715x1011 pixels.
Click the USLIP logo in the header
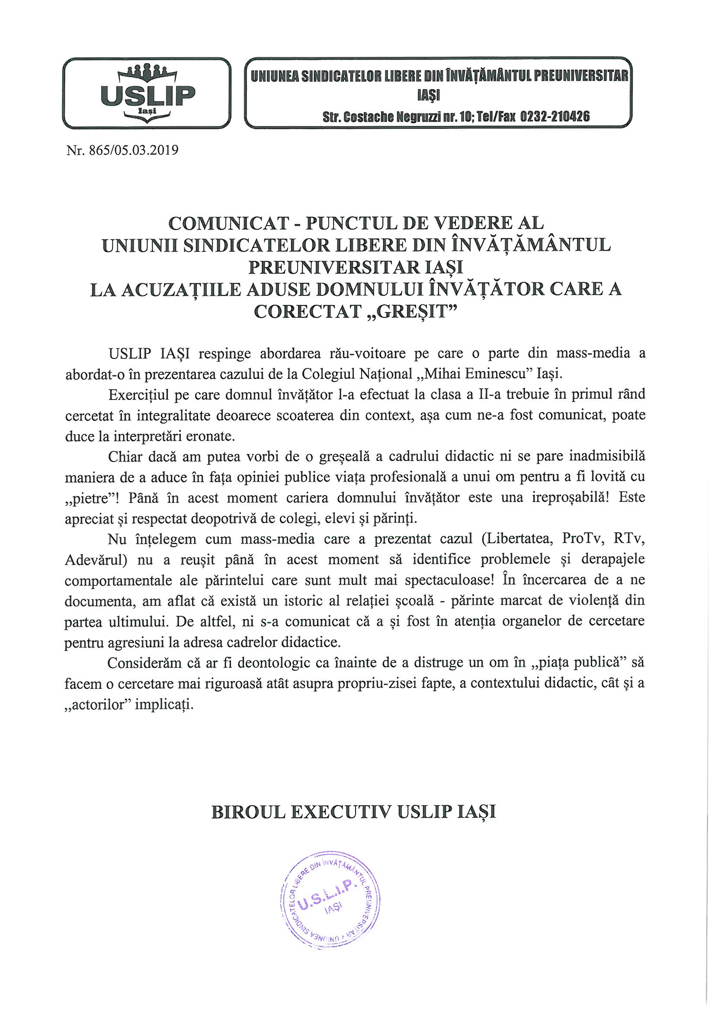(x=147, y=93)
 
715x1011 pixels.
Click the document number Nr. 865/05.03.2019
(x=122, y=151)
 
